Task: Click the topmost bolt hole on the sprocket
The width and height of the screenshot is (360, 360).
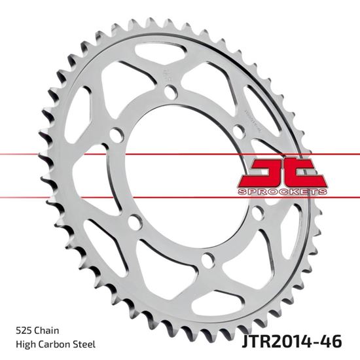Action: coord(171,94)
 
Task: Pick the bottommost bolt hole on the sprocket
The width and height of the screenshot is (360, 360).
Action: coord(208,257)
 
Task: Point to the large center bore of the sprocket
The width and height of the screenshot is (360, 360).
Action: coord(190,175)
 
